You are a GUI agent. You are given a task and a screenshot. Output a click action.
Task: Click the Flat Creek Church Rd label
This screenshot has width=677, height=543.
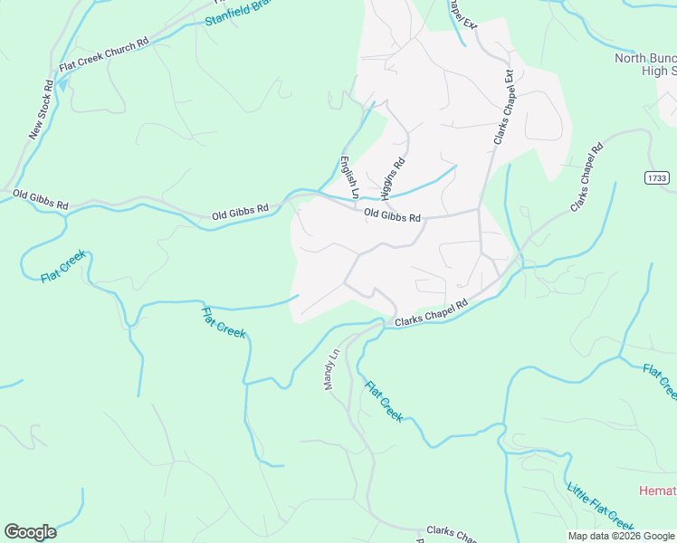pos(103,56)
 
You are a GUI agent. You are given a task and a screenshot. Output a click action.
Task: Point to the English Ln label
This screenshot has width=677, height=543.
pos(348,178)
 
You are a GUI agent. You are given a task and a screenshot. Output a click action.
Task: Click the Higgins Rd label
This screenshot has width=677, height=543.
pos(392,178)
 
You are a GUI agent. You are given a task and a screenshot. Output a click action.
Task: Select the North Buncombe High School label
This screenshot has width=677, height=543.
pos(645,64)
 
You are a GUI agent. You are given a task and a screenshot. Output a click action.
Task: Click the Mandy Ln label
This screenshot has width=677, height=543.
pos(331,369)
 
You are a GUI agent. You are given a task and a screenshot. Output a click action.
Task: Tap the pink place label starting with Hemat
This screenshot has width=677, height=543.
pos(657,491)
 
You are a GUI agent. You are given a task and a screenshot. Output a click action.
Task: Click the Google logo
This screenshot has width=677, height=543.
pos(30,532)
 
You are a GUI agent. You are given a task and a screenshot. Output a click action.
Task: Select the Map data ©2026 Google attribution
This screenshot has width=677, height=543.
pos(620,536)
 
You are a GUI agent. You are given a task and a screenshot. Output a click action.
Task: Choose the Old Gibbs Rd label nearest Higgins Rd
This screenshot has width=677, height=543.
pos(392,217)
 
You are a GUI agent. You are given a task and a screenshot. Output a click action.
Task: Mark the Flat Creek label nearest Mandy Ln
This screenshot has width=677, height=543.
pos(384,401)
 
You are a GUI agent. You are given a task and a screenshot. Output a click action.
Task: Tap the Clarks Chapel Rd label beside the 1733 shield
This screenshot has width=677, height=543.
pos(586,177)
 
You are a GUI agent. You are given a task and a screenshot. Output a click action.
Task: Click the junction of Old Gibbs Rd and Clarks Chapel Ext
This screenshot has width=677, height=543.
pos(479,211)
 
